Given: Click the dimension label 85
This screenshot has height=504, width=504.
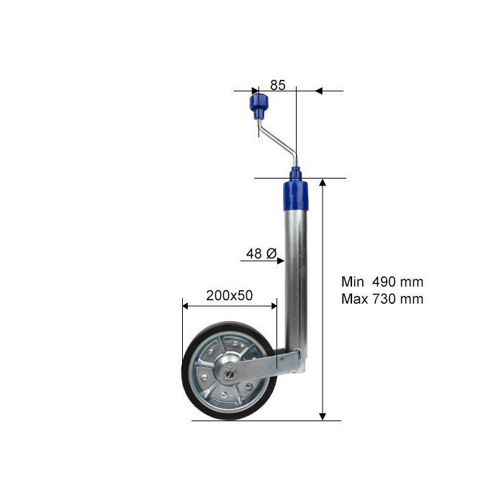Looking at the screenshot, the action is (x=278, y=85).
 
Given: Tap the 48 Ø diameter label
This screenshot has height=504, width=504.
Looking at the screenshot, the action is (x=261, y=253).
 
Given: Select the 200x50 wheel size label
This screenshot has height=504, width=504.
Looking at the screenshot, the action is (x=230, y=295).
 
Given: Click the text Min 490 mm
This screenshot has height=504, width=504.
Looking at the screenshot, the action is (x=382, y=282).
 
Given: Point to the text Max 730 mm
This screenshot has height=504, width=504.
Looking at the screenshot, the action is (x=382, y=299).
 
